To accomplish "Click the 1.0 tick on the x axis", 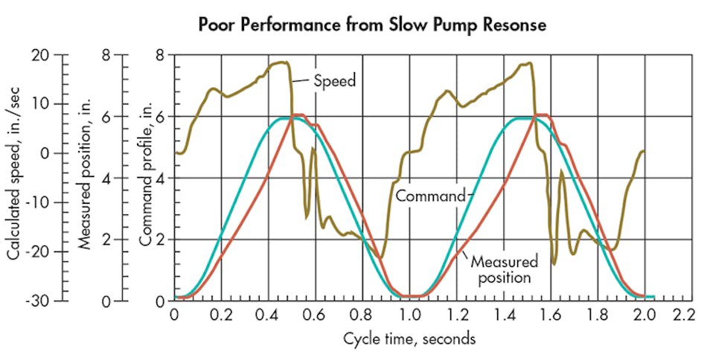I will tap(409, 315).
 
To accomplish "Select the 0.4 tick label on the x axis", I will tap(268, 315).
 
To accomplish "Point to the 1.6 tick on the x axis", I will tap(550, 315).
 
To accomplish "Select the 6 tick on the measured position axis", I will tap(106, 116).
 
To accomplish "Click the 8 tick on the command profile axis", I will tap(159, 54).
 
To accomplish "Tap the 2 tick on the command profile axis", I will tap(159, 240).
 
